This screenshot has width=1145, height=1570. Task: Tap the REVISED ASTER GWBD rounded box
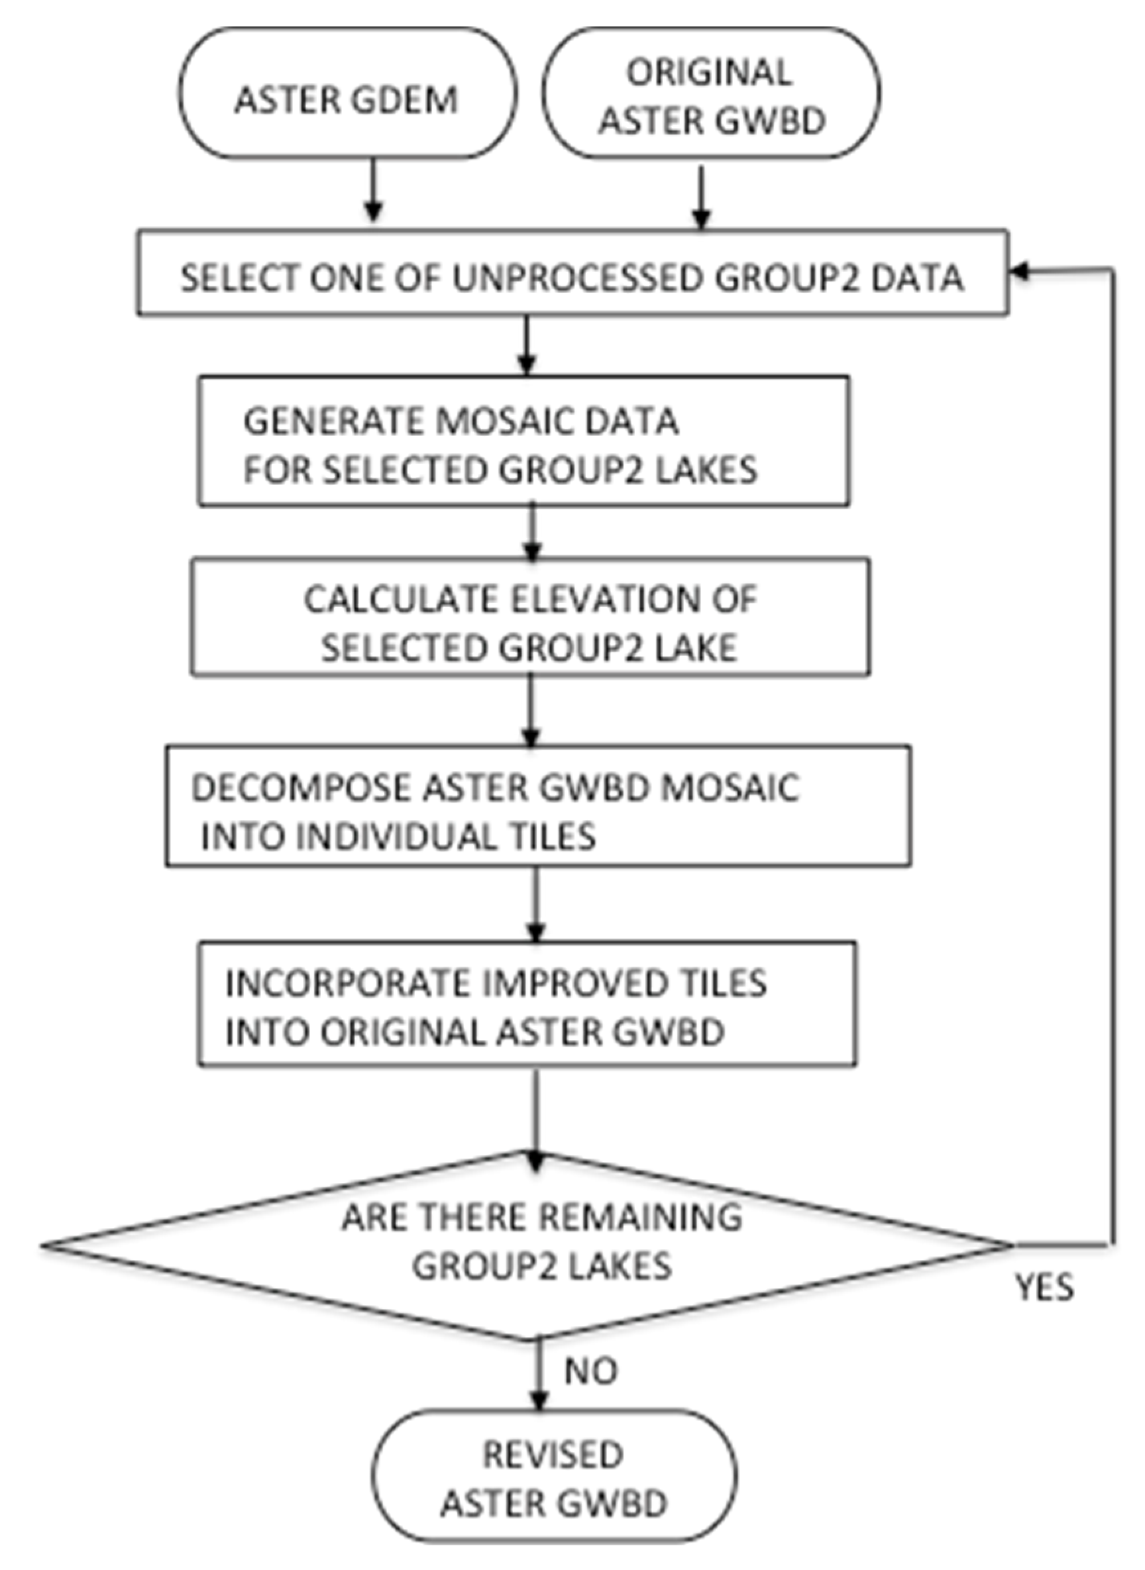point(553,1477)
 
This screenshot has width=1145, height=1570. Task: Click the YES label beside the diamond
point(1044,1287)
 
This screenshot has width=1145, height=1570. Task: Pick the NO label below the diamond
point(590,1371)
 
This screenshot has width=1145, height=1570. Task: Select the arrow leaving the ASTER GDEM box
point(374,191)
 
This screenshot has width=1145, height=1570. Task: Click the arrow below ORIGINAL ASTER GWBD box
point(702,197)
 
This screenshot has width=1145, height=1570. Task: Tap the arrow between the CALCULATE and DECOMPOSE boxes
point(530,710)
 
